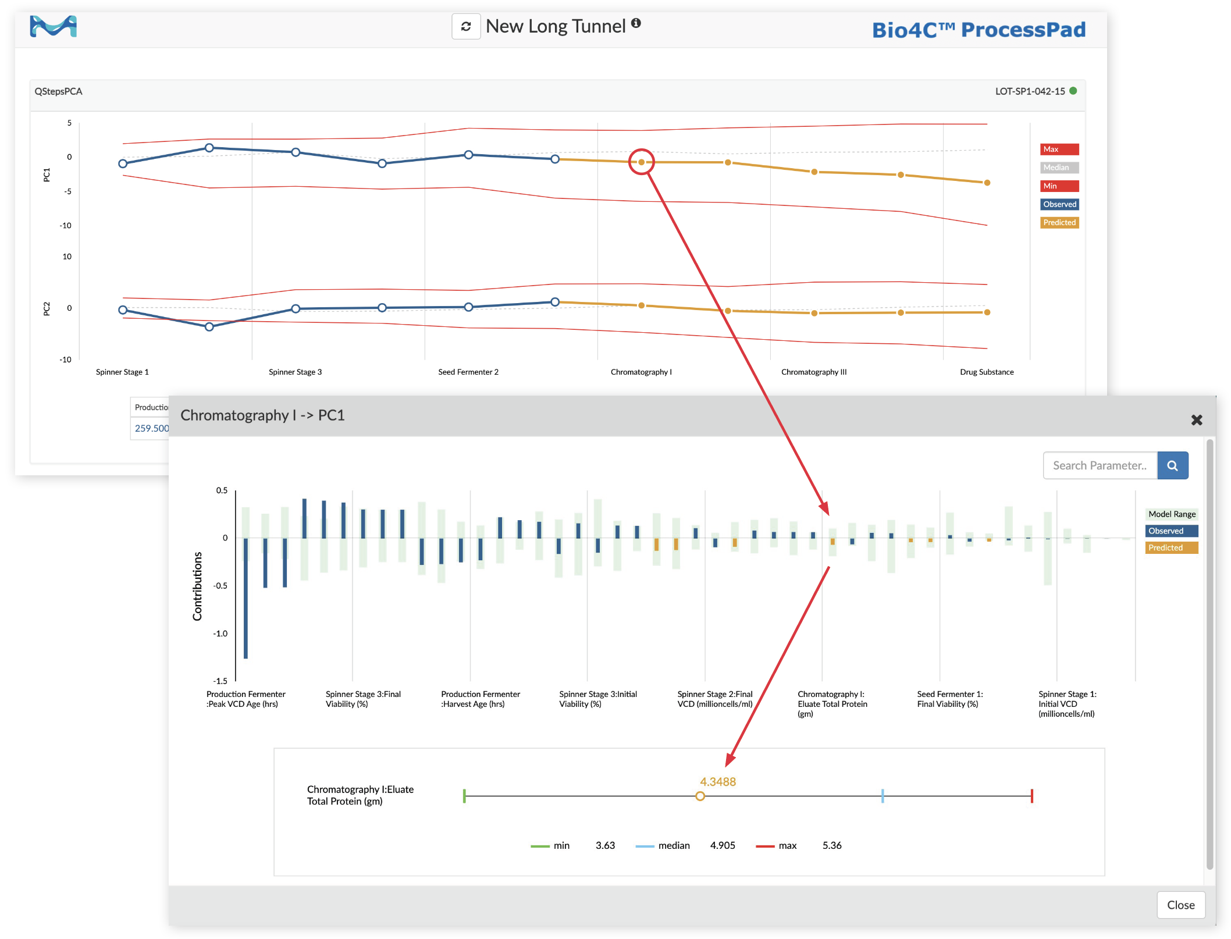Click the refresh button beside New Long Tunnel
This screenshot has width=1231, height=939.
[466, 27]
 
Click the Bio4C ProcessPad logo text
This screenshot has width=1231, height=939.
[978, 30]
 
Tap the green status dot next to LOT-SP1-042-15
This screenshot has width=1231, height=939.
[1073, 91]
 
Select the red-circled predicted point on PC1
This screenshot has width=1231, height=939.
[641, 162]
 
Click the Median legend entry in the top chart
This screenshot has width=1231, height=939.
[1059, 168]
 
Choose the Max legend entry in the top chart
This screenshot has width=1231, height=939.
[1059, 150]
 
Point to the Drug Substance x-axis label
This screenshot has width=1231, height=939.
[986, 372]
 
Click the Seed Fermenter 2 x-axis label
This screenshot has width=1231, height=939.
[468, 372]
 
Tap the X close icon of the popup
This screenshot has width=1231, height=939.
[1196, 420]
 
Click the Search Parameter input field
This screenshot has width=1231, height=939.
[1099, 465]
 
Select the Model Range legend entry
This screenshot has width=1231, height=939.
[1171, 514]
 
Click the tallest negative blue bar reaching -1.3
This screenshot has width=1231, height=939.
[246, 599]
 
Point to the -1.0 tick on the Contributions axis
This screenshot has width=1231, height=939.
[220, 634]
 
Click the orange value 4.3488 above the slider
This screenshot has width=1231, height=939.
[717, 782]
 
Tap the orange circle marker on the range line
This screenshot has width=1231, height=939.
[700, 796]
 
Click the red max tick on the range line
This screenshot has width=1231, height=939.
[1031, 796]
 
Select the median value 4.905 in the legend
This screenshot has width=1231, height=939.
[722, 845]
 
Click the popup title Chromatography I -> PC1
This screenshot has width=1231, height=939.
[262, 415]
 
